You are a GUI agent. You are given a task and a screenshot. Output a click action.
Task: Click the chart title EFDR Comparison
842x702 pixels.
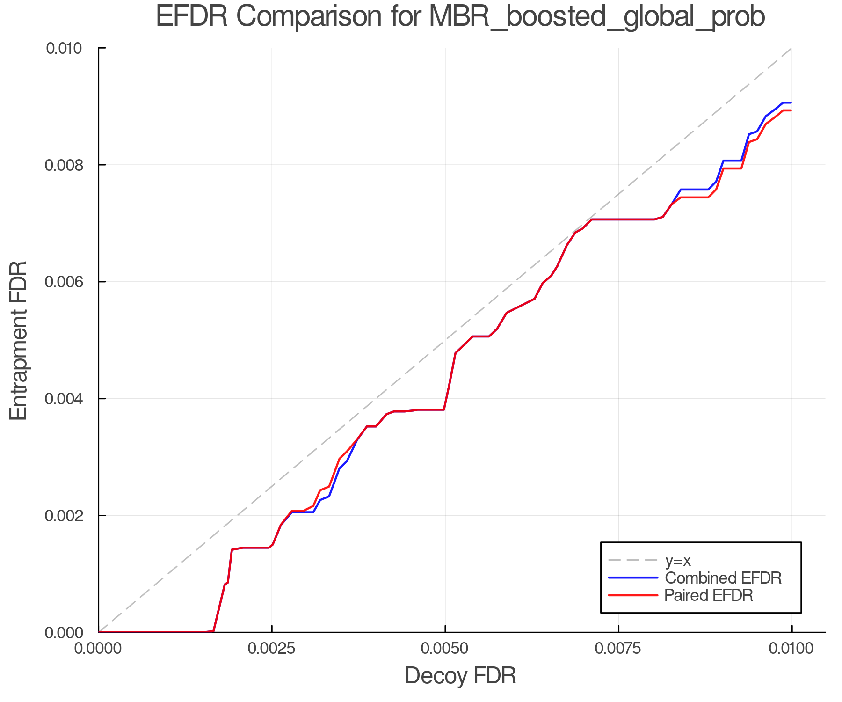point(460,17)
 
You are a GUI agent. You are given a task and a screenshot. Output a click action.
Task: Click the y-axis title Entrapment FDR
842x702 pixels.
point(19,340)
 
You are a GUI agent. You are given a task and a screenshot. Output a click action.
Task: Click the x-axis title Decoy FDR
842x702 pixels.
point(460,676)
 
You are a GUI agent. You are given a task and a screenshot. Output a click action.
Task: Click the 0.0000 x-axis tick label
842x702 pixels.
point(99,649)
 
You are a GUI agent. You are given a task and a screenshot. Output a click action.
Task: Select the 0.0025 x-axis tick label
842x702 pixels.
point(272,649)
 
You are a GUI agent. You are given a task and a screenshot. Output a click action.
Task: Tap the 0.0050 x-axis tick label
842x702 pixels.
point(445,649)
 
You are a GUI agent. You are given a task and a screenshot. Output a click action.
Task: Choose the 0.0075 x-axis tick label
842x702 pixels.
point(618,649)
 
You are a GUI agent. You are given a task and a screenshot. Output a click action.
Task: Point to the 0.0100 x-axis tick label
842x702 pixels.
point(791,649)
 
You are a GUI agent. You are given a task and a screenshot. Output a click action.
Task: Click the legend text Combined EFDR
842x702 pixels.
point(723,578)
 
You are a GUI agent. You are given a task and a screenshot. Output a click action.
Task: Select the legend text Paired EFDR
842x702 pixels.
point(709,595)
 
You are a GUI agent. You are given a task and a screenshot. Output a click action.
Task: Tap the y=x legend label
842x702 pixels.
point(678,560)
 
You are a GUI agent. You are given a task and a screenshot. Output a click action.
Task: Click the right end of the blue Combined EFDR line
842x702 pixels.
point(791,102)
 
